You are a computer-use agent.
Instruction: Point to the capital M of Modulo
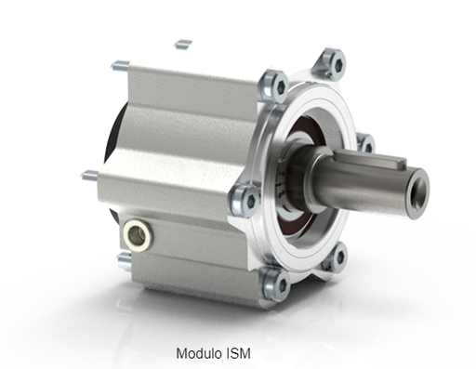click(181, 354)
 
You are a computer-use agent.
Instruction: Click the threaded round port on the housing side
click(137, 232)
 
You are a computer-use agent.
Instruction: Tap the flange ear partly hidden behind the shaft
click(364, 141)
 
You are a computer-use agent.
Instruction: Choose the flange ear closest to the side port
click(246, 198)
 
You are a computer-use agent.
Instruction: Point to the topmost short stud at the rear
click(183, 42)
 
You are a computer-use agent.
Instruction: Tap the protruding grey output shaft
click(372, 177)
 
